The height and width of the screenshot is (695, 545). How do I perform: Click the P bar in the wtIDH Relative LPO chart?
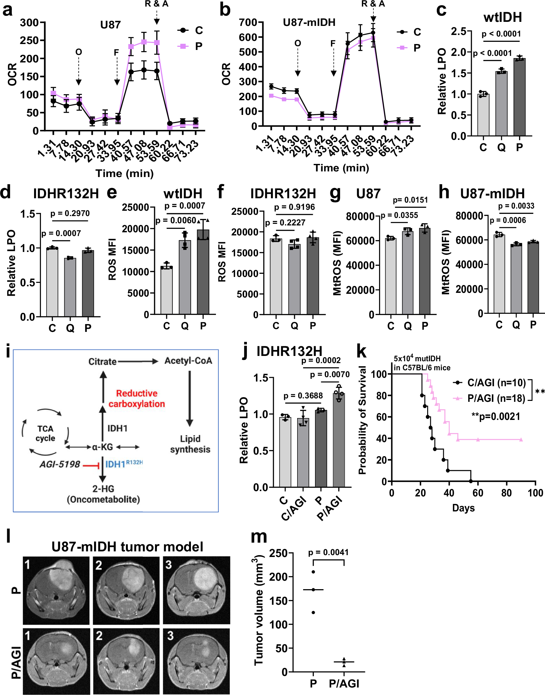519,97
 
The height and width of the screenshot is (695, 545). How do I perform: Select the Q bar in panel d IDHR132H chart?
70,287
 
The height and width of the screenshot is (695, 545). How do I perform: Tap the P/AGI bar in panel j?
338,440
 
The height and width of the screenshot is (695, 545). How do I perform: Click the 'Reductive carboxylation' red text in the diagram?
137,398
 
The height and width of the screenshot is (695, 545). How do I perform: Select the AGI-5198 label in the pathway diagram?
60,464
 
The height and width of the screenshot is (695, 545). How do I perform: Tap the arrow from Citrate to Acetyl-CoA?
138,361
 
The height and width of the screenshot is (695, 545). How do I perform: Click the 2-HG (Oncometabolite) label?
103,494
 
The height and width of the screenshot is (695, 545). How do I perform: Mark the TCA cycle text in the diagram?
45,433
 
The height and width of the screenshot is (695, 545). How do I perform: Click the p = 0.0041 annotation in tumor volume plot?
328,553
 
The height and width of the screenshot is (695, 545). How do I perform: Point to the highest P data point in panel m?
313,572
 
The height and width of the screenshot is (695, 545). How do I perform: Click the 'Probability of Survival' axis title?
362,420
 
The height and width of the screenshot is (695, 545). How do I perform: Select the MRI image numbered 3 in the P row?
196,590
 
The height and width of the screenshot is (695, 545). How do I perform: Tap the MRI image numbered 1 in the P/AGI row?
56,661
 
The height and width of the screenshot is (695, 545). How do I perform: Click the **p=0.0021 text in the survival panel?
496,417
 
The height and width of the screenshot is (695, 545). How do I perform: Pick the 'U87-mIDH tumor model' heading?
127,547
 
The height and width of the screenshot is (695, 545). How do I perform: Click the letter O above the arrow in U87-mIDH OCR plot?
297,43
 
